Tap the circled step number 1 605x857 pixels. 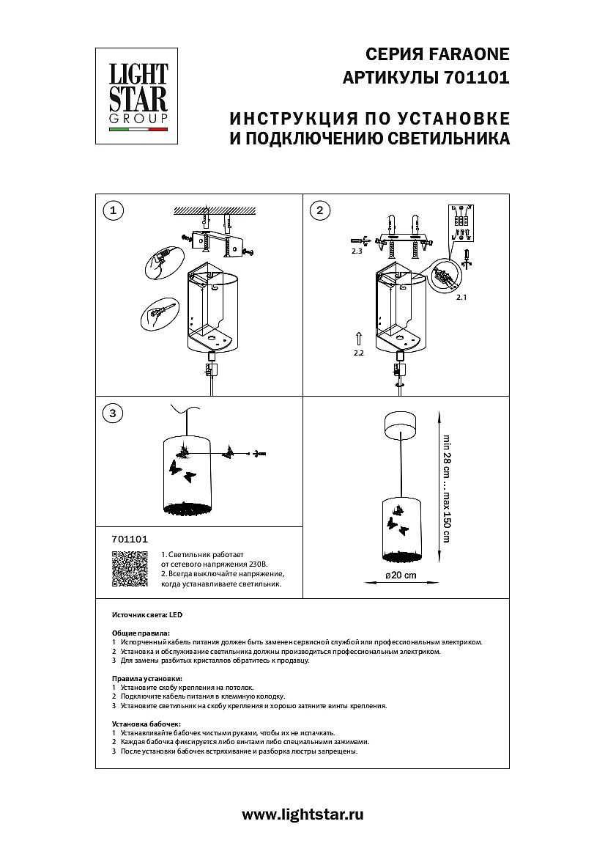(112, 211)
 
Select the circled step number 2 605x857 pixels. (319, 211)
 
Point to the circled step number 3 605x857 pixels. (112, 413)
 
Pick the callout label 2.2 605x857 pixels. (358, 353)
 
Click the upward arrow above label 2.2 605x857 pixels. (358, 338)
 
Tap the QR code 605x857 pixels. (129, 570)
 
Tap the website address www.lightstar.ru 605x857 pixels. (302, 814)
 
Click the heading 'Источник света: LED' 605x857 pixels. (140, 614)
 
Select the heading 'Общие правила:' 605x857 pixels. (141, 633)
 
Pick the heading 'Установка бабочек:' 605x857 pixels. (146, 724)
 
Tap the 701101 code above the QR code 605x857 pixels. (130, 539)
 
